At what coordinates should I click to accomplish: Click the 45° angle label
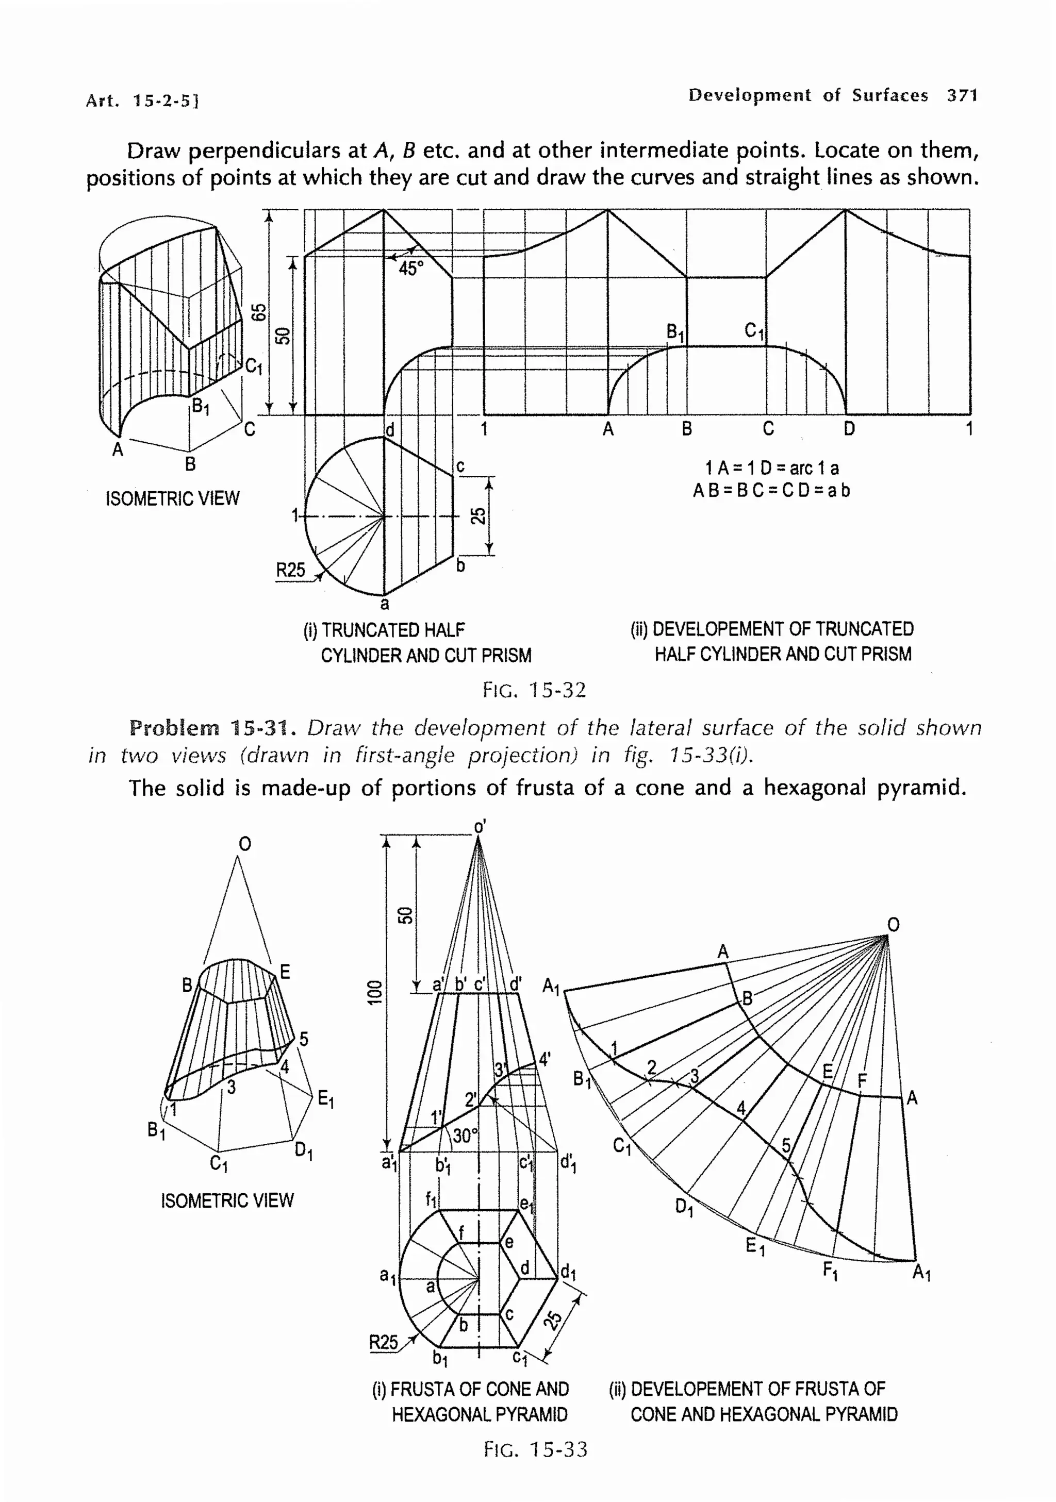tap(411, 268)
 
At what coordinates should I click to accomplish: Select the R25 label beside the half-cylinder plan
tap(290, 570)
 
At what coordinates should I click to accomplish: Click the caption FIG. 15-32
tap(534, 690)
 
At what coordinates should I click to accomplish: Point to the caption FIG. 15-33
tap(535, 1449)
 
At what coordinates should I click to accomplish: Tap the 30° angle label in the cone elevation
tap(465, 1137)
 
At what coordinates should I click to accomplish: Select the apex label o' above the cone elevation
tap(480, 827)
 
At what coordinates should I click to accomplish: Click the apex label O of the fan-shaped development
tap(893, 924)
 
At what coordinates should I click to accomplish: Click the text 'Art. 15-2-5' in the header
tap(142, 101)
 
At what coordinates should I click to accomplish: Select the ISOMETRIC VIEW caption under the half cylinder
tap(173, 498)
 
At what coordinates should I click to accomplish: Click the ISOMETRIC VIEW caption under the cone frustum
tap(227, 1200)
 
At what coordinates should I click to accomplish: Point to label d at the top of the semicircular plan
tap(390, 430)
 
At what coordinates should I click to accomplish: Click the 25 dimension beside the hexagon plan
tap(553, 1320)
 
